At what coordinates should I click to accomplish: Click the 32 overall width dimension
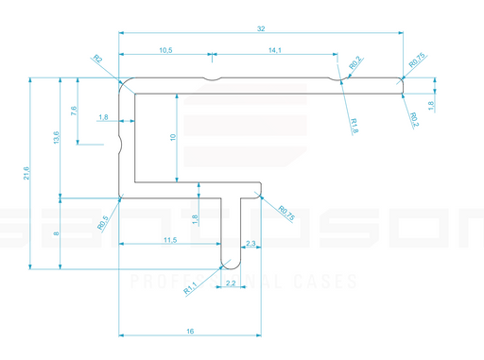(x=261, y=28)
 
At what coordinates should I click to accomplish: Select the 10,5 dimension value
(x=165, y=49)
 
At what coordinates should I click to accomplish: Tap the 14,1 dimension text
(x=274, y=49)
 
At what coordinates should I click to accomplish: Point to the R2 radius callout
(x=98, y=60)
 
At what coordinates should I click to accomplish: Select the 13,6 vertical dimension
(x=58, y=138)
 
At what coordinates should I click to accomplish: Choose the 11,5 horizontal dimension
(x=170, y=241)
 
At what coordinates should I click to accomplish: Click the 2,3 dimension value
(x=251, y=244)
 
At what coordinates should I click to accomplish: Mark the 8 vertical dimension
(x=58, y=233)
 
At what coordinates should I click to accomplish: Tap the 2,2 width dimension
(x=231, y=283)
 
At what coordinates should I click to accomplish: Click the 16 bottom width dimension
(x=191, y=331)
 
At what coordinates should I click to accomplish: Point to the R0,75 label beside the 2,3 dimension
(x=286, y=214)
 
